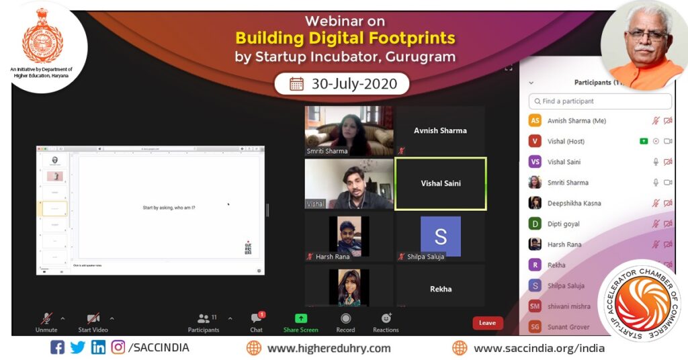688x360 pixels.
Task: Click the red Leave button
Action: [x=487, y=323]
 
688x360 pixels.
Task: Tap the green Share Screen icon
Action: [x=301, y=318]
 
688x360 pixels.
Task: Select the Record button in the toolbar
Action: [x=345, y=318]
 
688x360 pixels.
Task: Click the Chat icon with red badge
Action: [x=257, y=318]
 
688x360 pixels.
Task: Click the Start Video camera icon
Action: [x=93, y=318]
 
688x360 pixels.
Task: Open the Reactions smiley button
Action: [x=386, y=318]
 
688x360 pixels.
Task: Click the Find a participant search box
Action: [x=600, y=101]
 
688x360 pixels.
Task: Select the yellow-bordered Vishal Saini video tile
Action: [x=441, y=183]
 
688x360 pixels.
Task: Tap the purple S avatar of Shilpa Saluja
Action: [x=441, y=236]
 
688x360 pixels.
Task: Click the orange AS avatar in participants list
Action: [x=535, y=121]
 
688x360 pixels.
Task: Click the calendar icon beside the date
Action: [x=296, y=84]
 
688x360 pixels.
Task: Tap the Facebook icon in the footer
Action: [x=58, y=348]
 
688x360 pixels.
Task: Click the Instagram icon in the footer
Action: [x=118, y=348]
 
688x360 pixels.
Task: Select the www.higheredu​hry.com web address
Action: [x=329, y=348]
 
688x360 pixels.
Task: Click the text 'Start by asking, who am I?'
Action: [x=169, y=208]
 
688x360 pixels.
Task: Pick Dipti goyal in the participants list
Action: [x=563, y=224]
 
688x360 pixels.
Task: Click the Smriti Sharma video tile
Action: [x=349, y=131]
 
